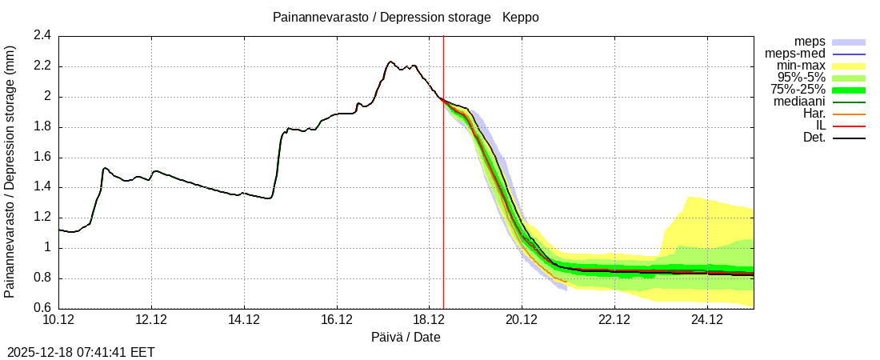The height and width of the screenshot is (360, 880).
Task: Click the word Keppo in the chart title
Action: click(x=521, y=17)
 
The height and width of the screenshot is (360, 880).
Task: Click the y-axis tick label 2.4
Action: click(x=42, y=36)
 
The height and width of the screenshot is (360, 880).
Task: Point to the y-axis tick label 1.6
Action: click(x=42, y=158)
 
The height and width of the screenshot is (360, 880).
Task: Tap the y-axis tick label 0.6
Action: click(x=42, y=309)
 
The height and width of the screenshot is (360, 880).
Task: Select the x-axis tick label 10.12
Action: click(x=58, y=320)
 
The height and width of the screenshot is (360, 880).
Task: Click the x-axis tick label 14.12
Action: click(x=244, y=320)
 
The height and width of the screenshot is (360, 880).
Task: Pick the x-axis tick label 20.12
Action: click(x=522, y=320)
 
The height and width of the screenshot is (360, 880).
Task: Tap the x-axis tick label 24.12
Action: click(x=707, y=320)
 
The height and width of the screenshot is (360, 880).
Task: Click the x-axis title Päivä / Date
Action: click(x=406, y=338)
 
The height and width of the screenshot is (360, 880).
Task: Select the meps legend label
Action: click(x=810, y=41)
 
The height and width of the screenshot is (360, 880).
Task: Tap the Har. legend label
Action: click(x=814, y=114)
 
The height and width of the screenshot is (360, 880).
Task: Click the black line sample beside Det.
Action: click(x=850, y=138)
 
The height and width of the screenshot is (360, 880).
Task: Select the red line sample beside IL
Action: click(x=850, y=126)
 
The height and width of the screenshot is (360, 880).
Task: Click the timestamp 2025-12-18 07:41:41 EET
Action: click(x=81, y=352)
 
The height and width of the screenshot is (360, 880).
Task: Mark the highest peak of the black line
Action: click(x=390, y=62)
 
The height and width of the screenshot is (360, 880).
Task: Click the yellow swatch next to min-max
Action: click(x=850, y=66)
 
